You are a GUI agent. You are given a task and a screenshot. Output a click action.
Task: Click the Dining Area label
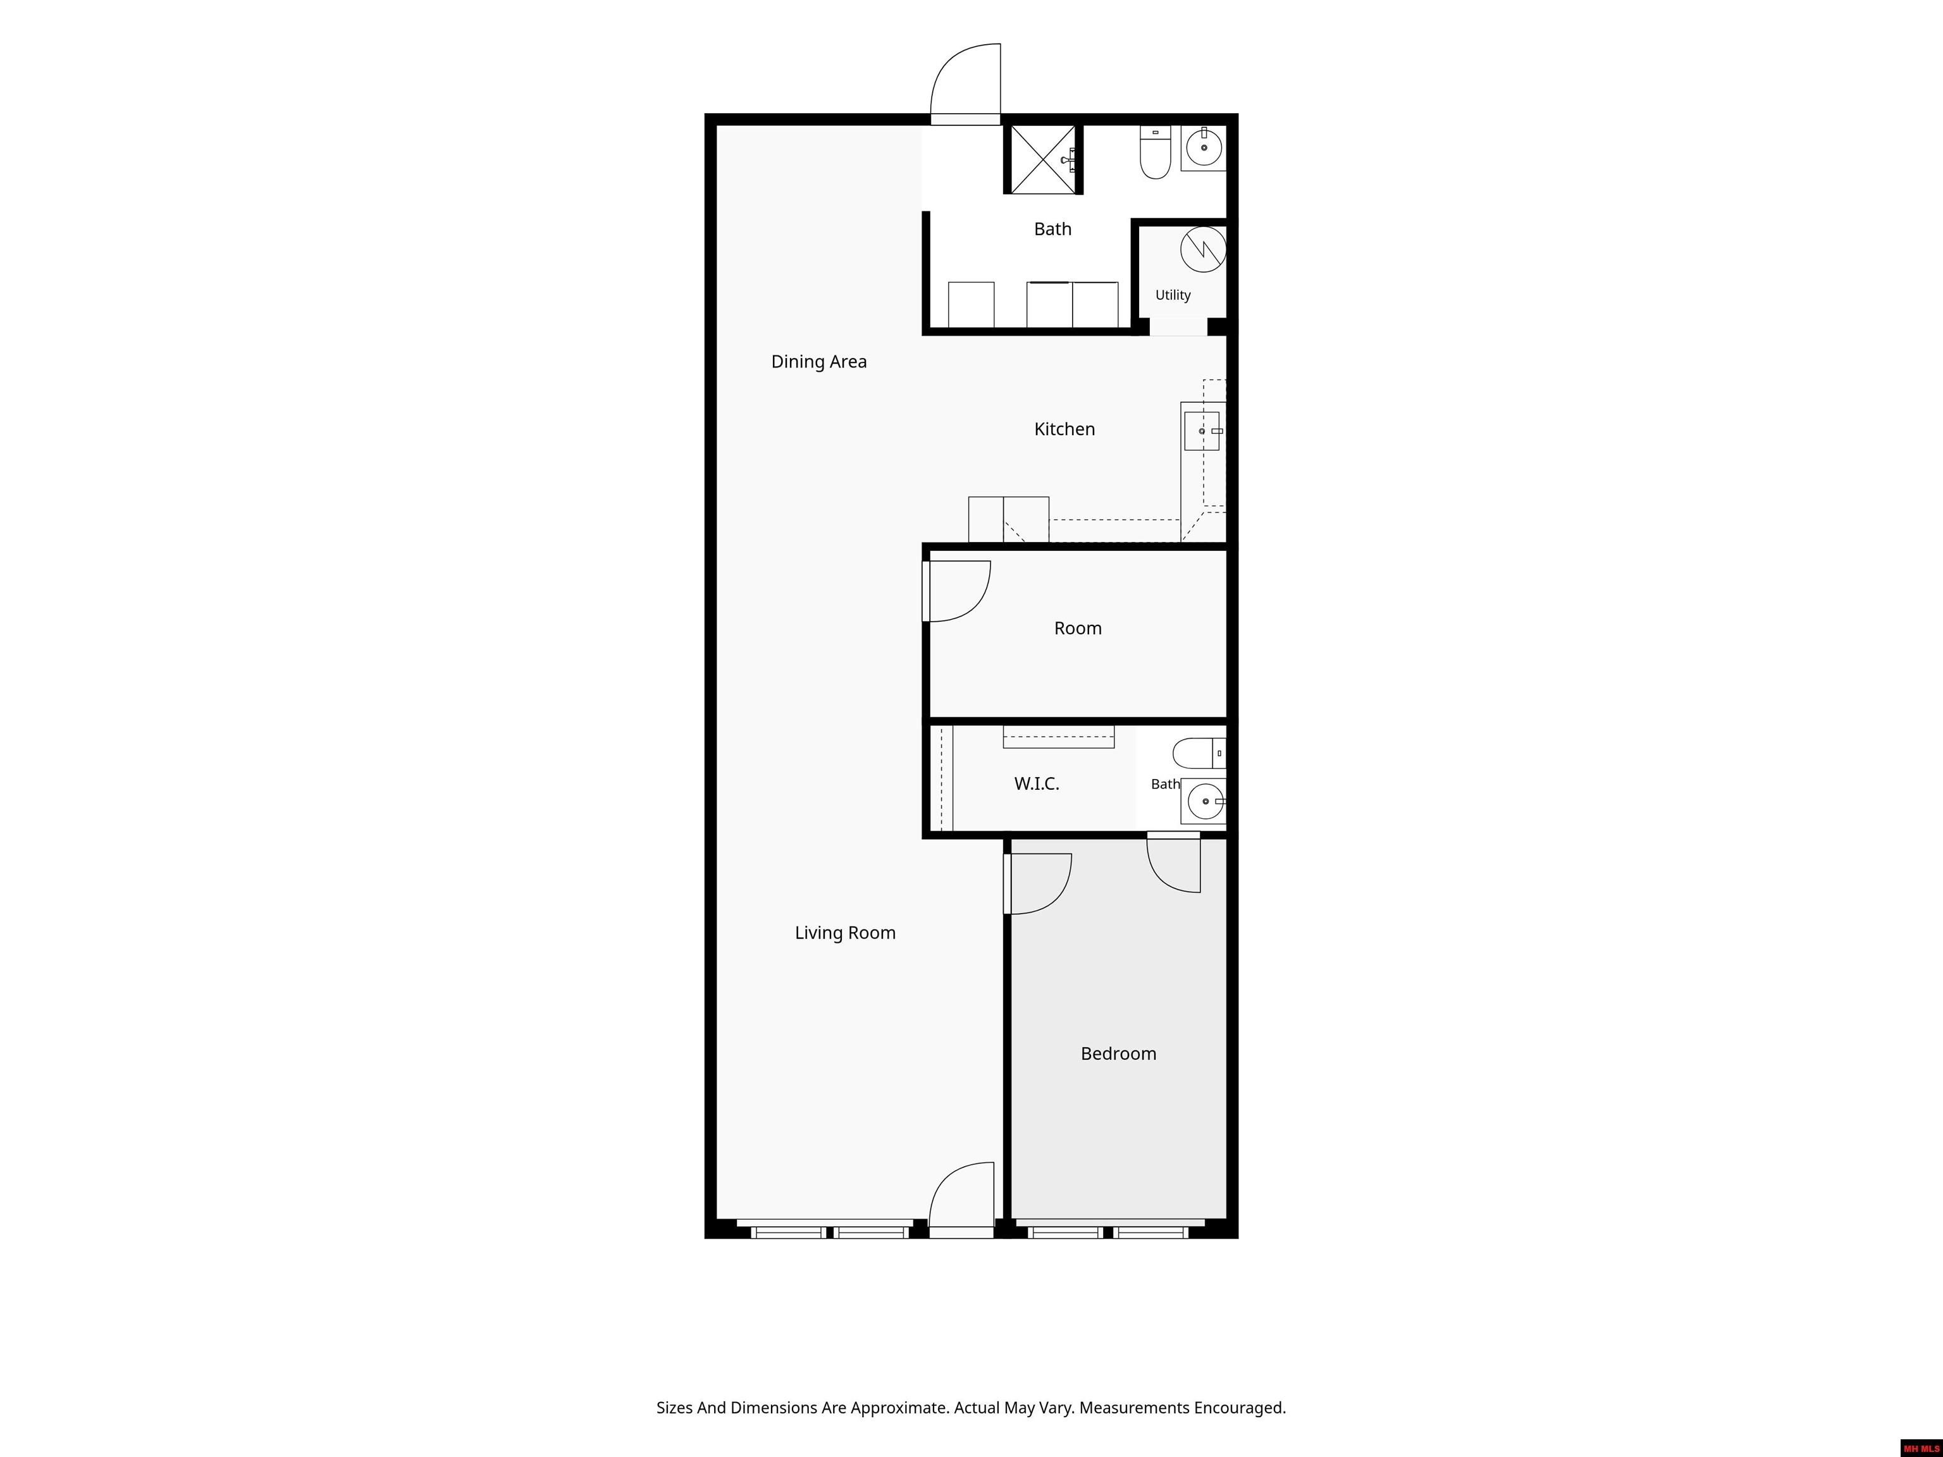(818, 362)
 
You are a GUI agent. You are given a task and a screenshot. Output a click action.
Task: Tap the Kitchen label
(1064, 429)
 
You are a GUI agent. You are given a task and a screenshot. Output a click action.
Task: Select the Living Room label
(845, 933)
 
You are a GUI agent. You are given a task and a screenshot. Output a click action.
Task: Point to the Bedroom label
(1118, 1054)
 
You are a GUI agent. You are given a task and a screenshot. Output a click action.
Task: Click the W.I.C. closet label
(1037, 784)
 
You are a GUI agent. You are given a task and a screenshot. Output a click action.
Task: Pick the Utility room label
(1173, 295)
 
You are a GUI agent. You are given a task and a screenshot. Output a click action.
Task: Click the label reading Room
(1078, 628)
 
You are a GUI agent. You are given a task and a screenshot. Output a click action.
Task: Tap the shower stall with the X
(1042, 159)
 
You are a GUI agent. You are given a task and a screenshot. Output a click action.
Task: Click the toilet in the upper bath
(1155, 152)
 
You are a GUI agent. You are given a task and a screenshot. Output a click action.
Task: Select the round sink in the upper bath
(1204, 147)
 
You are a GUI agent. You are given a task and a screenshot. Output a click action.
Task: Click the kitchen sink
(1202, 431)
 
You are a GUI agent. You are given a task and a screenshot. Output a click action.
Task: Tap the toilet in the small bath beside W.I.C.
(1199, 754)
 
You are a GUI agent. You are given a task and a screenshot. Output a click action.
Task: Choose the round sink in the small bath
(1205, 801)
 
